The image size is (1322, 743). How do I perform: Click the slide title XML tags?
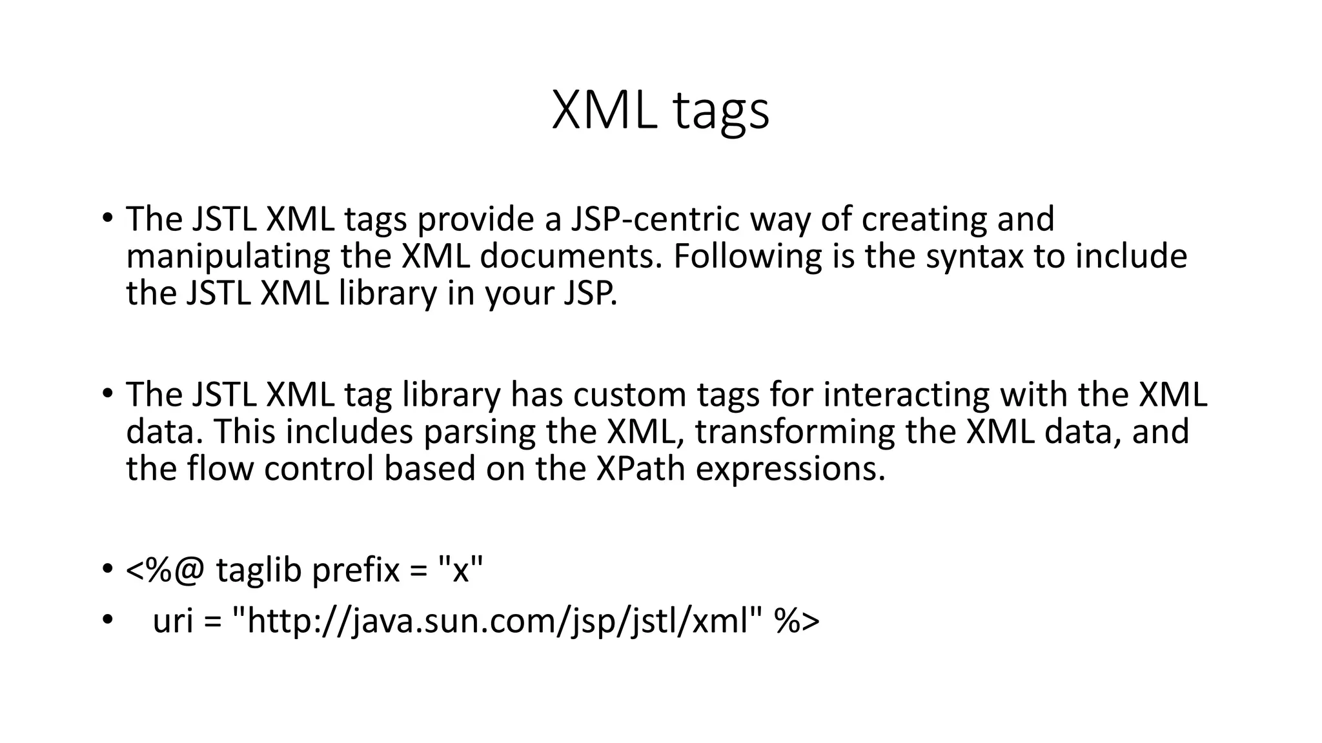click(x=660, y=111)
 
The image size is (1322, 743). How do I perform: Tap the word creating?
click(x=924, y=219)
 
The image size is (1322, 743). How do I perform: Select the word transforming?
click(x=795, y=432)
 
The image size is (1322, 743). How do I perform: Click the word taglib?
click(x=258, y=570)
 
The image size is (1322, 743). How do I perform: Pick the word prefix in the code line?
click(x=356, y=570)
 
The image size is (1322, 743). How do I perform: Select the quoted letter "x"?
click(x=460, y=570)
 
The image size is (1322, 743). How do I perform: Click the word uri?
click(x=173, y=621)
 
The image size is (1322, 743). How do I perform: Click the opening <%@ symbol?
click(x=165, y=570)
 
